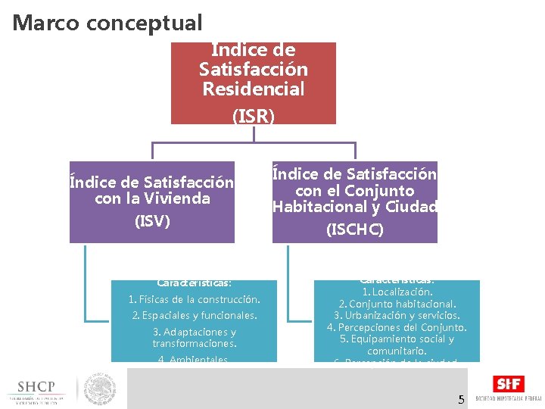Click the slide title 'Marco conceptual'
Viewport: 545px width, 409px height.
pyautogui.click(x=107, y=23)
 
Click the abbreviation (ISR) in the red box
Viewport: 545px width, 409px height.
pyautogui.click(x=254, y=116)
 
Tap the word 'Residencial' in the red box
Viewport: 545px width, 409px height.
pyautogui.click(x=254, y=89)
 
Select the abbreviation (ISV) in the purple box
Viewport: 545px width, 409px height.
pyautogui.click(x=152, y=221)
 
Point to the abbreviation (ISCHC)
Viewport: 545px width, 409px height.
pyautogui.click(x=355, y=229)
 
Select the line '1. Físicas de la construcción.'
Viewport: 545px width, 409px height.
pyautogui.click(x=195, y=299)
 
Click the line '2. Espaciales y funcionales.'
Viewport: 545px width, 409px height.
pyautogui.click(x=195, y=315)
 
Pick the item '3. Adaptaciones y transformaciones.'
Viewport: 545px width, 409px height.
pyautogui.click(x=195, y=338)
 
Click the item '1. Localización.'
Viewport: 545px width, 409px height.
pyautogui.click(x=397, y=292)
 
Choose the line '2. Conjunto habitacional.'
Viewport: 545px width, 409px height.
pyautogui.click(x=397, y=304)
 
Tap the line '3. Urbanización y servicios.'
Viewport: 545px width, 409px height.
pyautogui.click(x=397, y=315)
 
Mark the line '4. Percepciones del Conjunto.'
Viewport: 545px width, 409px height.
pyautogui.click(x=397, y=327)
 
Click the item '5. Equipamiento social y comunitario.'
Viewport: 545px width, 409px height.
pyautogui.click(x=397, y=345)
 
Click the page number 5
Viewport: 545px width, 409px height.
pyautogui.click(x=461, y=399)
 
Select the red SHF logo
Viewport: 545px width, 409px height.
pyautogui.click(x=507, y=384)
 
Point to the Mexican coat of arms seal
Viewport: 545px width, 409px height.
pyautogui.click(x=99, y=388)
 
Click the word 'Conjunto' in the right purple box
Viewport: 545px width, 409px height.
pyautogui.click(x=379, y=190)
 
